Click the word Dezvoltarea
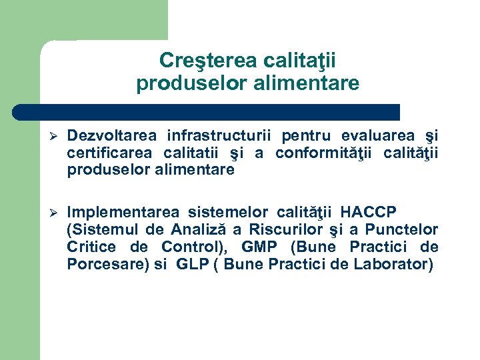(112, 136)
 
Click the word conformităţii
(324, 153)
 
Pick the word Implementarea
(123, 213)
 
